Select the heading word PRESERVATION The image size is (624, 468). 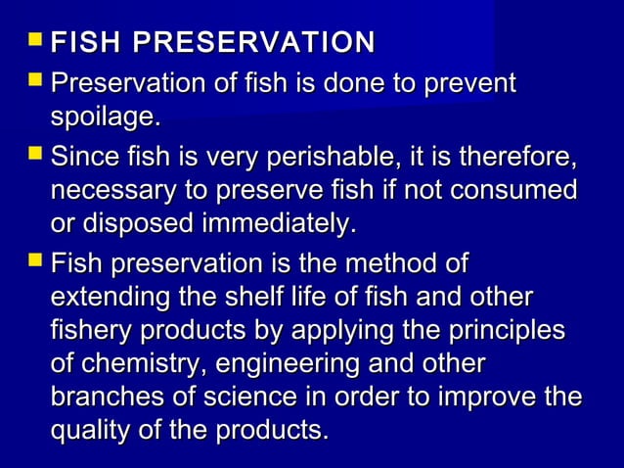click(x=253, y=43)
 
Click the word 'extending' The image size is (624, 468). click(x=107, y=298)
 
